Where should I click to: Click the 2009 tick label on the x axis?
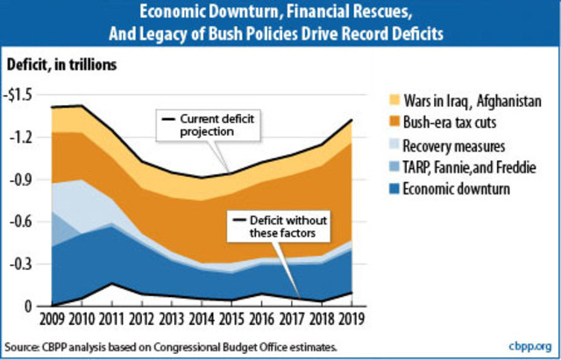(52, 319)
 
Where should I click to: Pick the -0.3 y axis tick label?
(25, 264)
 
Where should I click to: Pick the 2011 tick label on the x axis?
(113, 319)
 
